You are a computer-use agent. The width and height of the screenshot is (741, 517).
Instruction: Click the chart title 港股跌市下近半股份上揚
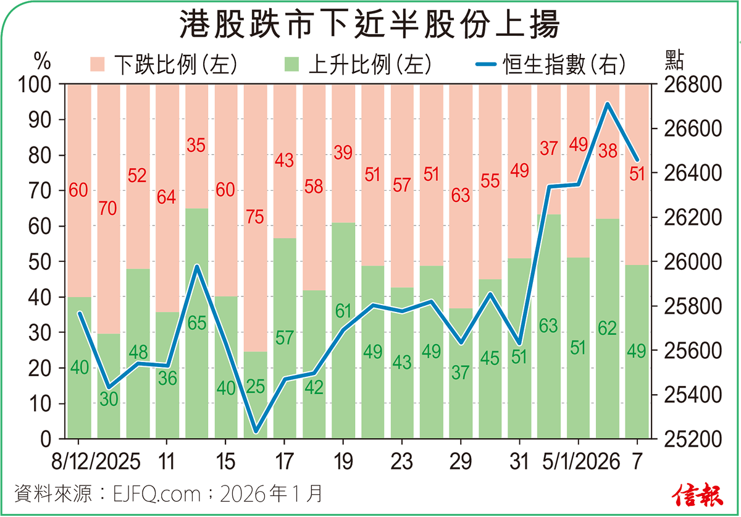(370, 26)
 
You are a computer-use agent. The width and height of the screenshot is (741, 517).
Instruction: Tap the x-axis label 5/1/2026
(578, 462)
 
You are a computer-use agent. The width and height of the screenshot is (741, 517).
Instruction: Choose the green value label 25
(255, 387)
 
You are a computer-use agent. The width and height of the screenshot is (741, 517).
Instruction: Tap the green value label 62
(608, 328)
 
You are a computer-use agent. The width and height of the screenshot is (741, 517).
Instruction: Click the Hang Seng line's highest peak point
(608, 104)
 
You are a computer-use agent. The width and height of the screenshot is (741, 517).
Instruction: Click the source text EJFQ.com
(157, 494)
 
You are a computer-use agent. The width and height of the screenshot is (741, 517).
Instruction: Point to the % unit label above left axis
(42, 61)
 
